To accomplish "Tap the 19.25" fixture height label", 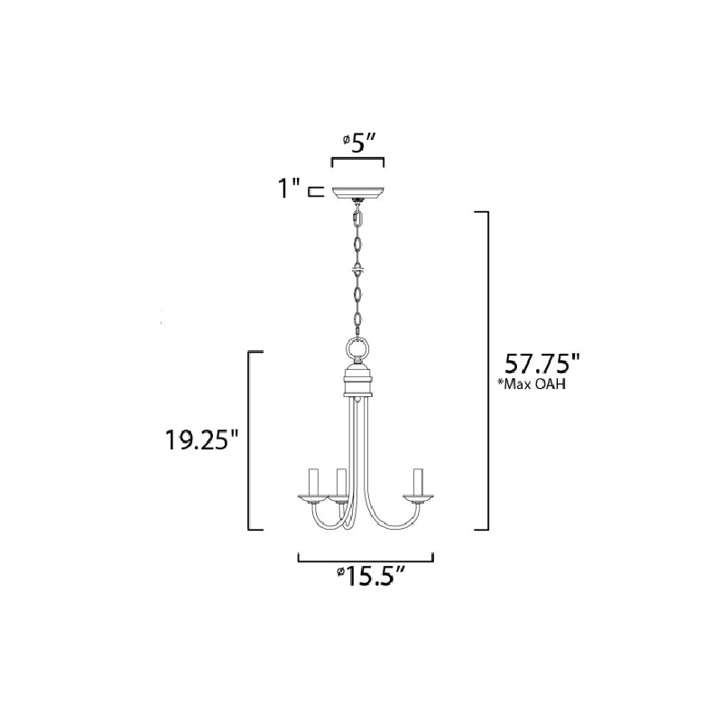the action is pos(202,440).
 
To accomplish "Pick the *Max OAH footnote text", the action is pos(532,384).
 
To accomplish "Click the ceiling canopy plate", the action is pos(358,193).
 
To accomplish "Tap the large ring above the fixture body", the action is pos(357,348).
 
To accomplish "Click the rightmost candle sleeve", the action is pos(418,482).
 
